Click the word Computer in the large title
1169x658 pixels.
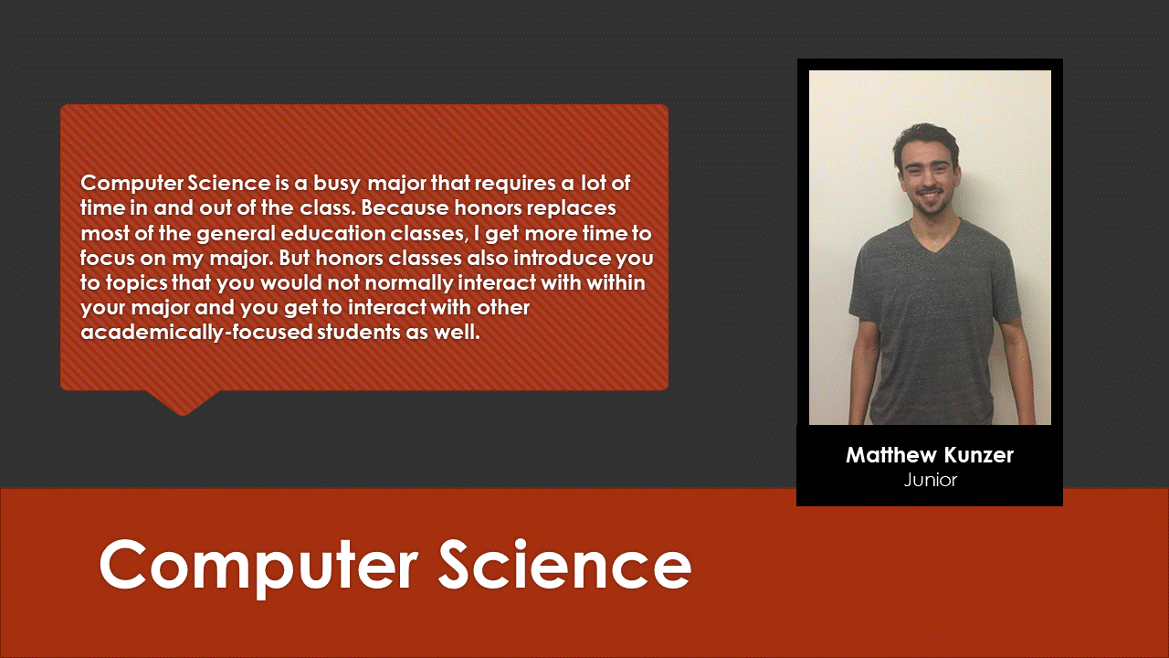click(258, 568)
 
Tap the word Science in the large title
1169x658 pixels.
click(564, 564)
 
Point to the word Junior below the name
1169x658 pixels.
click(930, 480)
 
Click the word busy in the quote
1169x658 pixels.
click(337, 185)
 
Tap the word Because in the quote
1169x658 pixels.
click(405, 207)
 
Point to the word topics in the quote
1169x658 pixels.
click(136, 283)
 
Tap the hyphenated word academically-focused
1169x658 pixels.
click(196, 333)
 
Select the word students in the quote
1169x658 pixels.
click(359, 332)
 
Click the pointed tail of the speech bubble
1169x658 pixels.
click(183, 412)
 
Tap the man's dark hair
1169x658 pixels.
click(925, 138)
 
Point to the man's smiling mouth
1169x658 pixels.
click(929, 196)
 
